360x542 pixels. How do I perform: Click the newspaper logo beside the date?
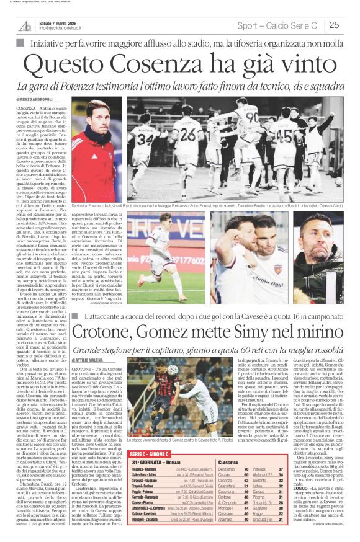(x=25, y=25)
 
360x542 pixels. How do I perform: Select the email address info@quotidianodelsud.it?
(x=66, y=29)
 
